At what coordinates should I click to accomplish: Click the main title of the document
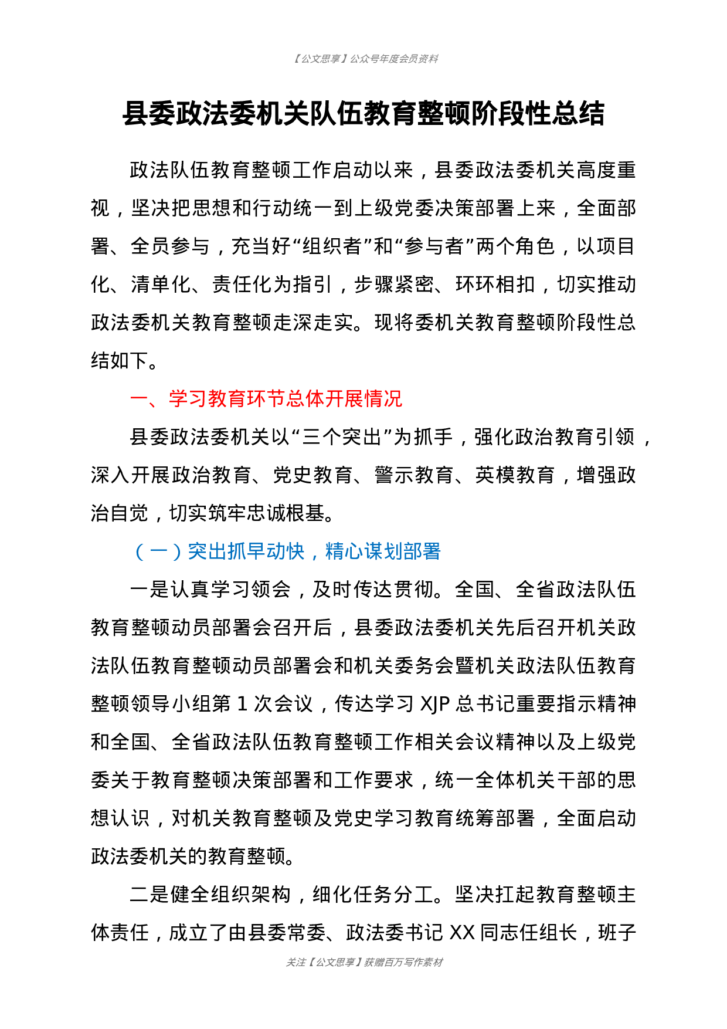(x=363, y=113)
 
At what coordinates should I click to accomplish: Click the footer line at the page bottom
(x=364, y=962)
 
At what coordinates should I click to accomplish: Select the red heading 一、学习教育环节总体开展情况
(x=266, y=399)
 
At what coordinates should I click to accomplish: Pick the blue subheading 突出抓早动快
(x=246, y=551)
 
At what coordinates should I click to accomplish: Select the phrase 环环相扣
(x=495, y=285)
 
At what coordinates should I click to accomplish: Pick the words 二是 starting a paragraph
(x=150, y=895)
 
